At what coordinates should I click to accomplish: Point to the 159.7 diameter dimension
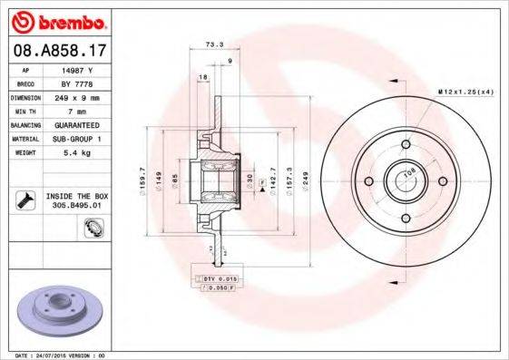click(142, 180)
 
